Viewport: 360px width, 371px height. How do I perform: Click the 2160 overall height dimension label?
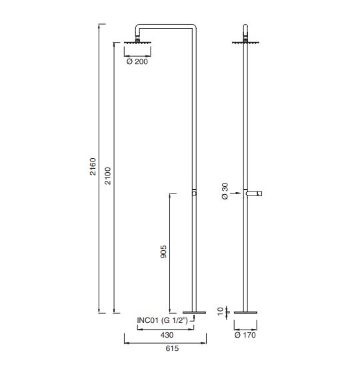coord(93,167)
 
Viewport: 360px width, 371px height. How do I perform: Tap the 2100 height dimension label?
coord(108,175)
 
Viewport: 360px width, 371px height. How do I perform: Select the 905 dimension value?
coord(163,252)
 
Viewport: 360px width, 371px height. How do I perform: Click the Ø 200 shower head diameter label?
coord(137,61)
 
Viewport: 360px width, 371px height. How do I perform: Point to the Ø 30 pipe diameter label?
coord(225,192)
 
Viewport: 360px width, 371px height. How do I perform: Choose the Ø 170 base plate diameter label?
coord(245,335)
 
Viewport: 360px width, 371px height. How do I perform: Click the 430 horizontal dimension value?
coord(167,335)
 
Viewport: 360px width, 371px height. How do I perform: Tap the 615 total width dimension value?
coord(172,348)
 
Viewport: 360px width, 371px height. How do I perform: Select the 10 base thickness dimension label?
coord(220,311)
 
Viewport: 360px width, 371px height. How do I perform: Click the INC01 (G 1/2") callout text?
coord(163,320)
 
